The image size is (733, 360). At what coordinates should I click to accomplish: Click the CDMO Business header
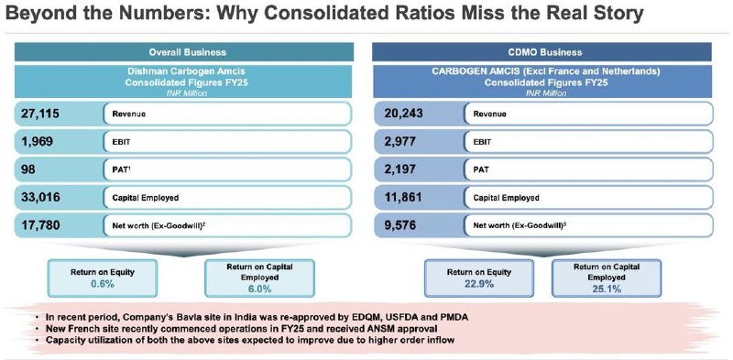coord(542,52)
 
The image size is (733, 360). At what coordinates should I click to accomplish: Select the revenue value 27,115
coord(40,114)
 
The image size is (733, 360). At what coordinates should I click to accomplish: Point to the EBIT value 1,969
coord(37,141)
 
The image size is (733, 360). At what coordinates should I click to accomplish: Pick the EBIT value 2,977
coord(399,141)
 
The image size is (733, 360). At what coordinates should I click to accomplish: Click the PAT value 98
coord(27,169)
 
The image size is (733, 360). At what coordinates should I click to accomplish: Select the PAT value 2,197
coord(399,169)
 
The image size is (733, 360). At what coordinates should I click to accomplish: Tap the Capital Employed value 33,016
coord(40,197)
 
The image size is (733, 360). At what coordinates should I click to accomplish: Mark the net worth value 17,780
coord(40,225)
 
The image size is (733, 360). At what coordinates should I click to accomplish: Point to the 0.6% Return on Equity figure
coord(103,284)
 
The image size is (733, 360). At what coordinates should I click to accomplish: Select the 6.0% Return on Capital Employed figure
coord(259,289)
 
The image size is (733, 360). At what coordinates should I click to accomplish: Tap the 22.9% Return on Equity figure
coord(478,284)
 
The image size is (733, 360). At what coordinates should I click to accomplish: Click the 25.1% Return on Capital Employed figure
coord(607,289)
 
